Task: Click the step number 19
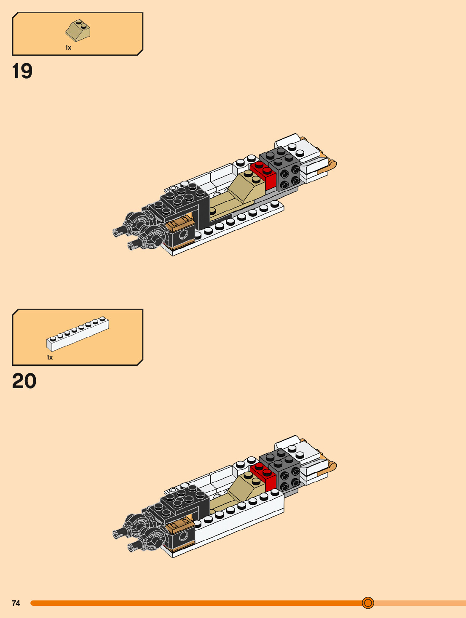[22, 71]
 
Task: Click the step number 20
[24, 381]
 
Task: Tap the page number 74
[16, 603]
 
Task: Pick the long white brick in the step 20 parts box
[78, 334]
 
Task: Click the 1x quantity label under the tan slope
[68, 48]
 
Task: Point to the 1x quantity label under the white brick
[50, 357]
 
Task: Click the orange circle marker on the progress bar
[368, 603]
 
